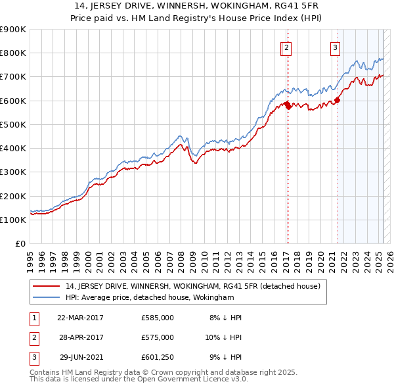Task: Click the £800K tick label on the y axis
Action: click(x=13, y=53)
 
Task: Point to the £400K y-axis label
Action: click(x=13, y=148)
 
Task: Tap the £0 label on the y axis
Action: click(x=20, y=243)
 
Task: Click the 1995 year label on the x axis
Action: click(x=30, y=256)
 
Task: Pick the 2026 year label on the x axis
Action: click(x=387, y=256)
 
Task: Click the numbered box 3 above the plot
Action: click(x=335, y=47)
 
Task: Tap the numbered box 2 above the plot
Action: click(x=288, y=47)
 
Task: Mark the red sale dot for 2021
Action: click(x=338, y=100)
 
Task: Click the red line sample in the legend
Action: click(x=47, y=286)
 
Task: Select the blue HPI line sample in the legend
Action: click(x=47, y=297)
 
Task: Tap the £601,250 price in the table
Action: click(x=158, y=357)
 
